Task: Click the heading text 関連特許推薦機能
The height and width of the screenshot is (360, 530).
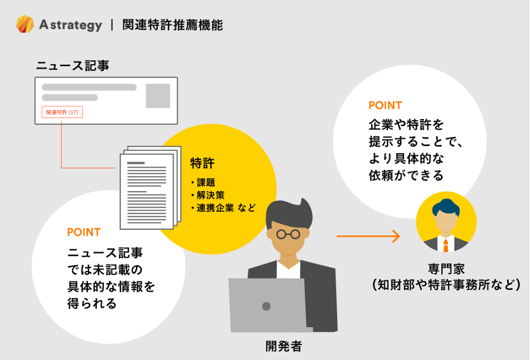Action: (172, 25)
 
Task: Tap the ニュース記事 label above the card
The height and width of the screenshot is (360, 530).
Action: (73, 66)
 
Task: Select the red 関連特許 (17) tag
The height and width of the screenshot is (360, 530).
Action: (62, 112)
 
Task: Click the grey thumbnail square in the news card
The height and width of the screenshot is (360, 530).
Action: (158, 96)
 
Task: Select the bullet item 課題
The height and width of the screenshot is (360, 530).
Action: (206, 182)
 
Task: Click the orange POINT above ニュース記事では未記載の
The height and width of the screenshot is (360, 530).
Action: (83, 232)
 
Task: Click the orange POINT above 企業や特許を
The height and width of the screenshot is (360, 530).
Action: (385, 106)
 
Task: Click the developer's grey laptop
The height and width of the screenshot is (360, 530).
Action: (267, 305)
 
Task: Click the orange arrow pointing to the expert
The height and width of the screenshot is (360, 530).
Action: (368, 236)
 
